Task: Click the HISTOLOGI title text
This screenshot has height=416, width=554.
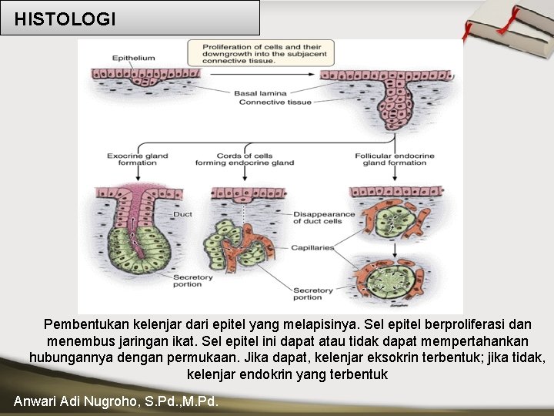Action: click(x=65, y=19)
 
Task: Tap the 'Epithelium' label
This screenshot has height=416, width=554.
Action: click(x=133, y=58)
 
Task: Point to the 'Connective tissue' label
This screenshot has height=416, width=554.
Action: click(x=264, y=102)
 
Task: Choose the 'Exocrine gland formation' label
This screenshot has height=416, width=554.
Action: click(x=137, y=159)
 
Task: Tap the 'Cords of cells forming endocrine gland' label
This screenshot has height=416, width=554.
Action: click(x=244, y=159)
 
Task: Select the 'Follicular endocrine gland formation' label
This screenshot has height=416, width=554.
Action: click(x=394, y=159)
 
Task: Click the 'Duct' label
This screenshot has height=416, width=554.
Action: click(x=182, y=214)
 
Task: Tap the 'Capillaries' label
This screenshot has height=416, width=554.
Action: click(x=312, y=248)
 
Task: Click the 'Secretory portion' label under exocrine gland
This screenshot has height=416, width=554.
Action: click(x=188, y=280)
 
